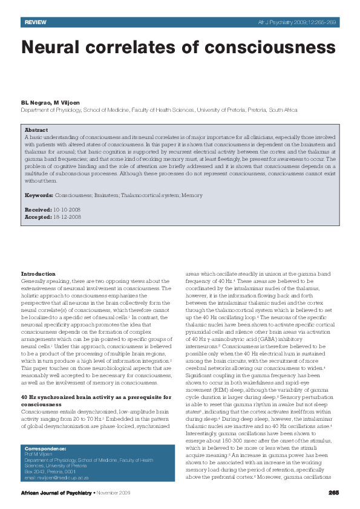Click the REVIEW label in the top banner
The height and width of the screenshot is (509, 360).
(x=36, y=22)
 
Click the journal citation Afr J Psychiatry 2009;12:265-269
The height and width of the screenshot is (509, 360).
(x=298, y=22)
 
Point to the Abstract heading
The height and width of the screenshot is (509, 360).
(x=36, y=130)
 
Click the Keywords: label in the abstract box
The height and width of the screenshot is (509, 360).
(x=39, y=195)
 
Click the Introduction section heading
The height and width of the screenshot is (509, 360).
(x=38, y=274)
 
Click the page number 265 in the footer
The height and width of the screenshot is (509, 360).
(x=333, y=493)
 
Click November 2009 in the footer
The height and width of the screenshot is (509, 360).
(x=115, y=493)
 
